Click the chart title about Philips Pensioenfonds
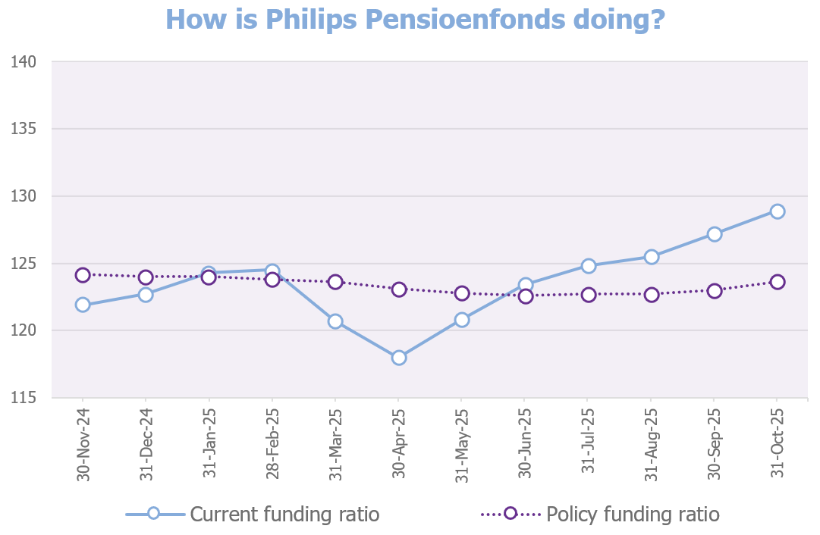415,19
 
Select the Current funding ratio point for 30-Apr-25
398,358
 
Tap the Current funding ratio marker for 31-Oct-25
777,211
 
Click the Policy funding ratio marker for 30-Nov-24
83,275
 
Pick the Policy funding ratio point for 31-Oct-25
777,282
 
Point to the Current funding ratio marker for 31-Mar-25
335,321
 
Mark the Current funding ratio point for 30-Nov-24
83,305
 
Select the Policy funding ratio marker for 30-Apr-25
398,289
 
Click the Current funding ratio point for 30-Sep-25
714,234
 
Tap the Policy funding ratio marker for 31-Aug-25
651,295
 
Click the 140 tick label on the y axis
25,61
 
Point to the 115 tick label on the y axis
25,398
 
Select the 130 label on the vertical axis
25,196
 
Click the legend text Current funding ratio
284,515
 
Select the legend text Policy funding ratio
633,515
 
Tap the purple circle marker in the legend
510,514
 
